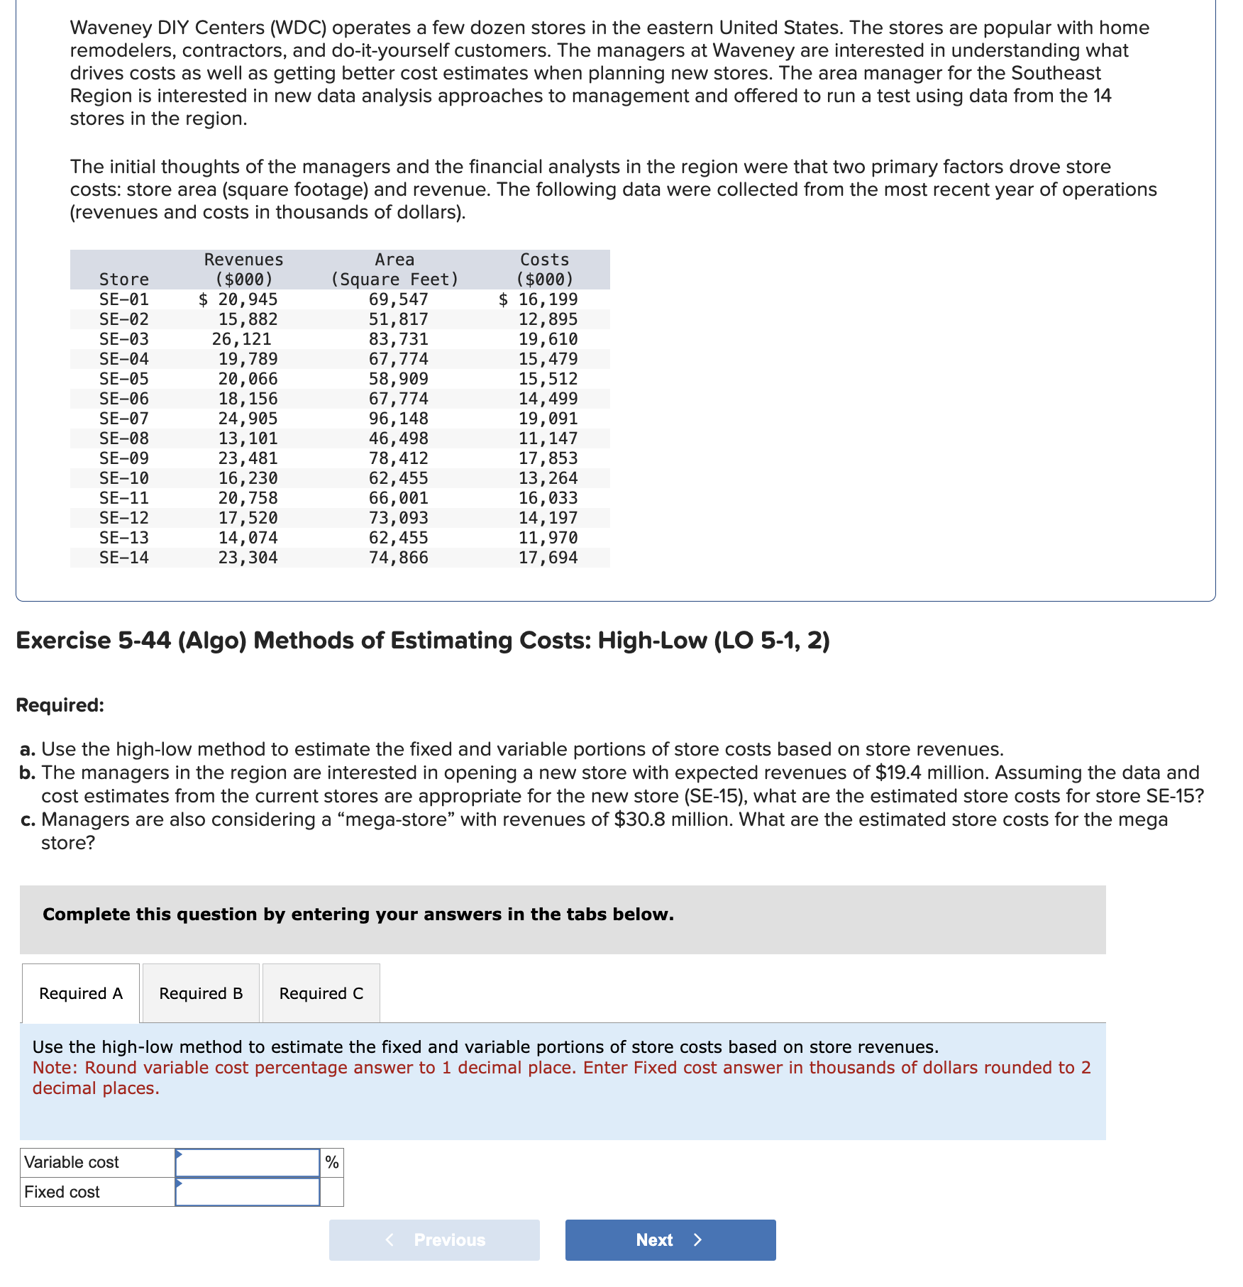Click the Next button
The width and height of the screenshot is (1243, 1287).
pos(670,1239)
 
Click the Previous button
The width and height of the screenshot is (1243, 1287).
pos(434,1239)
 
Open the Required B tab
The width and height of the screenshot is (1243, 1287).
pos(201,993)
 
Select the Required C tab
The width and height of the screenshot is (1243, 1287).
pos(321,993)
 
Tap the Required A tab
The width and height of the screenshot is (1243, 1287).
pos(81,993)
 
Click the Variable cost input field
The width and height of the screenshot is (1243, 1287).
pos(247,1162)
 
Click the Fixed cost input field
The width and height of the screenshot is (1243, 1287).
pos(247,1192)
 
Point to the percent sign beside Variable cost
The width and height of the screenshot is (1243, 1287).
pos(331,1162)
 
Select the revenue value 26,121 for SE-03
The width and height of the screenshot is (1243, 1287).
pos(241,339)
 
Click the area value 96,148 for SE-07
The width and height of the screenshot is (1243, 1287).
pos(398,419)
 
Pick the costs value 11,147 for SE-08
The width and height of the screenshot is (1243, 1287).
pos(548,438)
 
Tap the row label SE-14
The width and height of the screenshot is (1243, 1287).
pos(124,558)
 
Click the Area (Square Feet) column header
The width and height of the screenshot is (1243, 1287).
pos(394,270)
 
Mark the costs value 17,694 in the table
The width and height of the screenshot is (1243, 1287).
pos(548,558)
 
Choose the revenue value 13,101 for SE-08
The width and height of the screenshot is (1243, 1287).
pos(248,438)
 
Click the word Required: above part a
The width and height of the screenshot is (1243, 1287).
pos(60,705)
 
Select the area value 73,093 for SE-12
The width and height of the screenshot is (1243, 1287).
pos(398,518)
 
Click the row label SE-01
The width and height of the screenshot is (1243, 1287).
pos(124,299)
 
